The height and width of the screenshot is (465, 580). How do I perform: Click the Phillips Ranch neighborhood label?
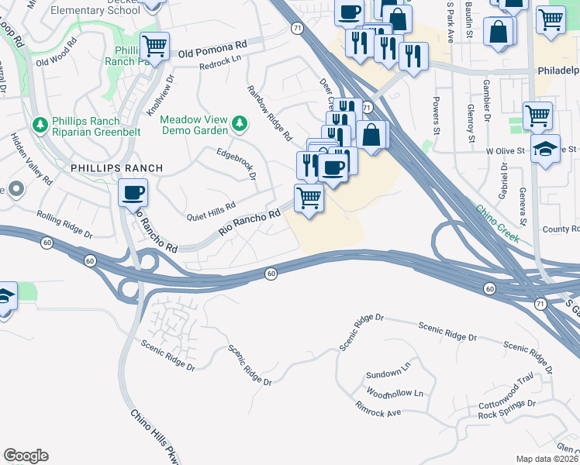117,168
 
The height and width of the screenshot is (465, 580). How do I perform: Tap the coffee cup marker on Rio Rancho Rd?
133,192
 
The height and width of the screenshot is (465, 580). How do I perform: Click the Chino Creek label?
496,224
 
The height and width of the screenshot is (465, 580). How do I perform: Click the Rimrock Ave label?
378,409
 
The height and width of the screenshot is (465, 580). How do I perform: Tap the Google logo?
26,456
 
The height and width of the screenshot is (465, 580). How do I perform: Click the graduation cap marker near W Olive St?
545,149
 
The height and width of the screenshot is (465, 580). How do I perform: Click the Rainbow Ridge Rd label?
269,113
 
